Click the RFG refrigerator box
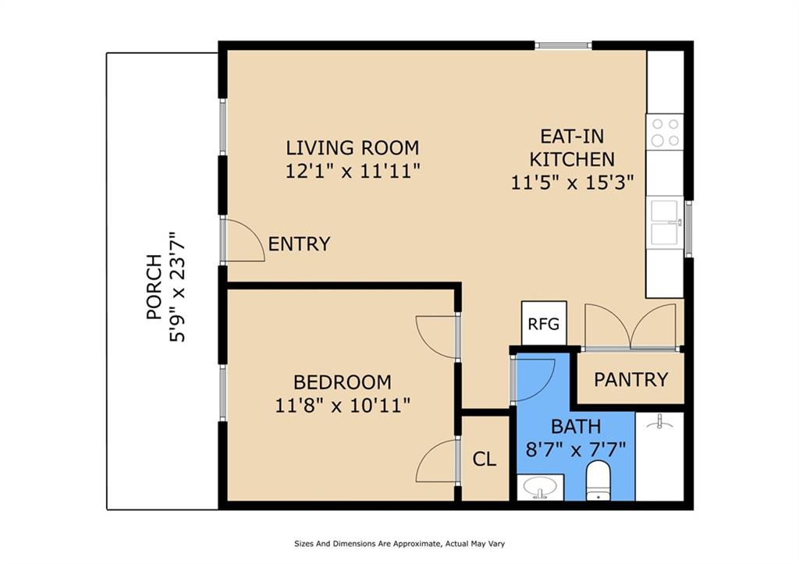coord(544,323)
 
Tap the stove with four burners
coord(665,132)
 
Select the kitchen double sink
coord(665,222)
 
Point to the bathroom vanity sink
coord(540,488)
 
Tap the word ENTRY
coord(299,244)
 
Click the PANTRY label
coord(630,380)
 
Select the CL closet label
coord(484,459)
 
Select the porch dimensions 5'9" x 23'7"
coord(177,287)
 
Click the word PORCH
coord(154,287)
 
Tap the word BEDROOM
coord(343,382)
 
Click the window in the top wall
coord(563,45)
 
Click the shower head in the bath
coord(659,420)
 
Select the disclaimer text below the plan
coord(399,544)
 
